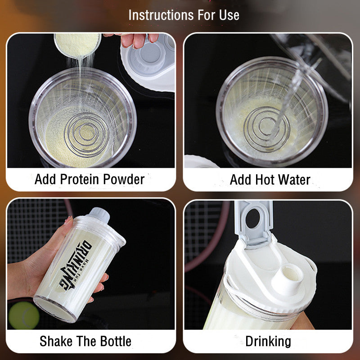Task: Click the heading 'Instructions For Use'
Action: tap(184, 15)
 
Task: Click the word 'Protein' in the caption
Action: tap(80, 179)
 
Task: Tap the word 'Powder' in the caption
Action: tap(123, 179)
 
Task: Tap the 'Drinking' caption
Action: tap(268, 341)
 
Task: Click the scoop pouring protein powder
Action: tap(77, 44)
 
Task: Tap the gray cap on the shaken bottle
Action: tap(99, 216)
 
